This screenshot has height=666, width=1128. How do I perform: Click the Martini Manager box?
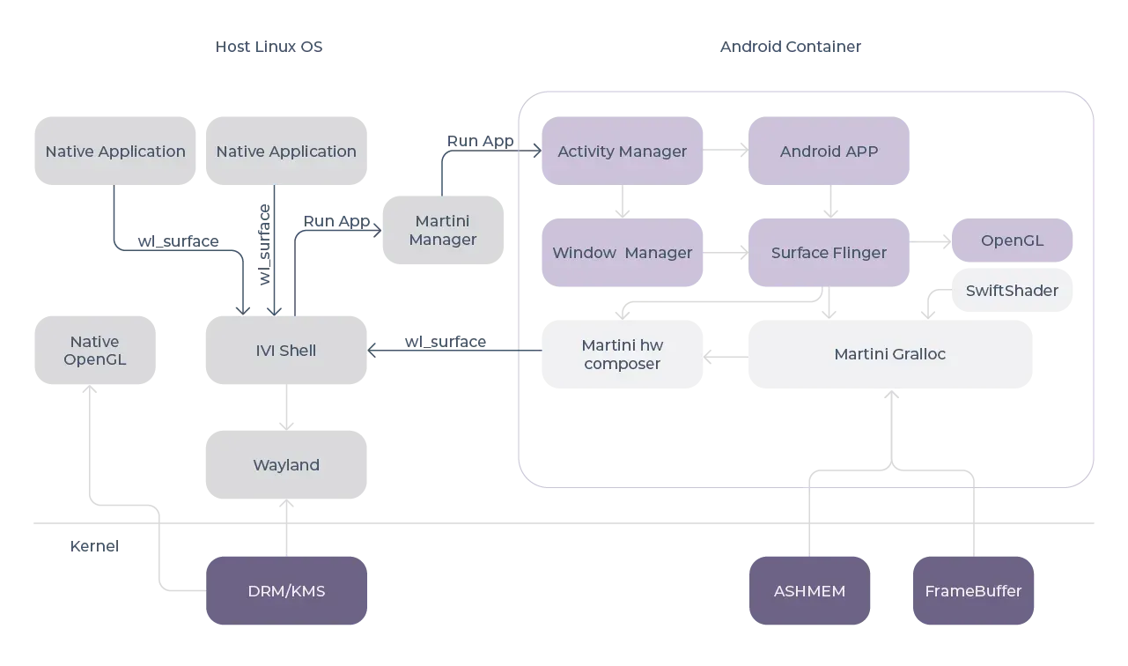point(443,230)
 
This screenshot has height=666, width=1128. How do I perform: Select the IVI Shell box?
point(286,350)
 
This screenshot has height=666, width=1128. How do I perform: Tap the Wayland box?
point(286,464)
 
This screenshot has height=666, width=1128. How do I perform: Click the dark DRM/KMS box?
point(286,590)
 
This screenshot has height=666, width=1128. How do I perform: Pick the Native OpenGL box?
point(94,350)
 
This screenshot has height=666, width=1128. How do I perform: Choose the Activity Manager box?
point(622,152)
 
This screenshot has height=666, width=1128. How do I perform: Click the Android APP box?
point(829,152)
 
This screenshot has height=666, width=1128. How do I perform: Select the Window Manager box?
point(622,253)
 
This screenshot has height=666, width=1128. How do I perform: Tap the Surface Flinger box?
point(829,253)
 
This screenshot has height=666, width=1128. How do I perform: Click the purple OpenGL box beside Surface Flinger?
point(1012,240)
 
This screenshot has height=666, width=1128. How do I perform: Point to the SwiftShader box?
point(1012,291)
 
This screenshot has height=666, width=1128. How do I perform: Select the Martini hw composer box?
point(622,354)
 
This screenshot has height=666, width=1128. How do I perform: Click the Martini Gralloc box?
point(889,354)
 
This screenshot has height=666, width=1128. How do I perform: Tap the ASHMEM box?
point(809,590)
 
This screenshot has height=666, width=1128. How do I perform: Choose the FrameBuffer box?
point(973,590)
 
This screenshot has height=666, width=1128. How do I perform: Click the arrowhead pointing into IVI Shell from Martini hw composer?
point(373,350)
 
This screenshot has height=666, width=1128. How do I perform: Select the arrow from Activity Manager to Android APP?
point(725,152)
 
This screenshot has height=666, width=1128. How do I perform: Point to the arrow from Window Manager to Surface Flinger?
point(725,253)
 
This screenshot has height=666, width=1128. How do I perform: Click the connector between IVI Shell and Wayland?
point(285,408)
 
